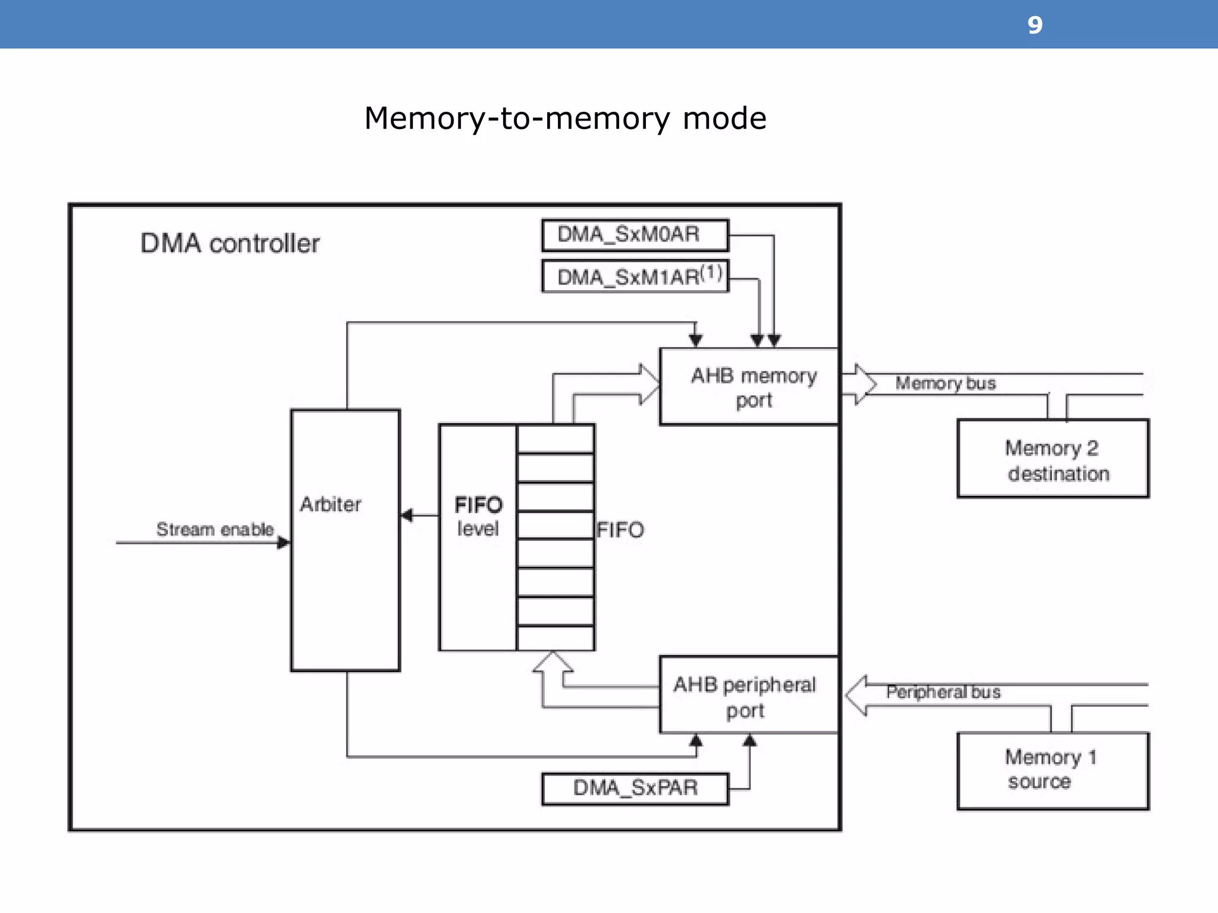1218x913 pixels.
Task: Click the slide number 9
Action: pos(1035,25)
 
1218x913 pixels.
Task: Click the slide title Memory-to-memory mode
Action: pos(565,118)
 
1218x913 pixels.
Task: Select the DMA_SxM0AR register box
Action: pos(635,235)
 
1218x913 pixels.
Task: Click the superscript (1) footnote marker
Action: pos(711,273)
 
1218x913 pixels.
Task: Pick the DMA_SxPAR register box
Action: pos(635,788)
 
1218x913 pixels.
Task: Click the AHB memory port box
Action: pos(749,387)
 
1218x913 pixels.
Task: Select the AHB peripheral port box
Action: pos(748,695)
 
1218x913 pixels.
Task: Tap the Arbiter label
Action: pos(330,504)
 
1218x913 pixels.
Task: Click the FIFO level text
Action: pos(478,517)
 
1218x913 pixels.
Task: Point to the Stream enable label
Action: pos(215,529)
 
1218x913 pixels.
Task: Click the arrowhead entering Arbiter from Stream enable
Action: pos(284,542)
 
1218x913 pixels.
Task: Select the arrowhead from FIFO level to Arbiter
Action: pos(407,515)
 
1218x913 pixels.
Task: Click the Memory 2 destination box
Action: pos(1053,459)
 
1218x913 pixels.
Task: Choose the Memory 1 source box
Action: pos(1053,770)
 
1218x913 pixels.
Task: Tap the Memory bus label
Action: pos(945,383)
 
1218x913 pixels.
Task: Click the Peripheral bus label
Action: pos(943,692)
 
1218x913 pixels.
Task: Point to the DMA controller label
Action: pos(230,243)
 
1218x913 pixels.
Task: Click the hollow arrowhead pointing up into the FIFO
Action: pos(553,662)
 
